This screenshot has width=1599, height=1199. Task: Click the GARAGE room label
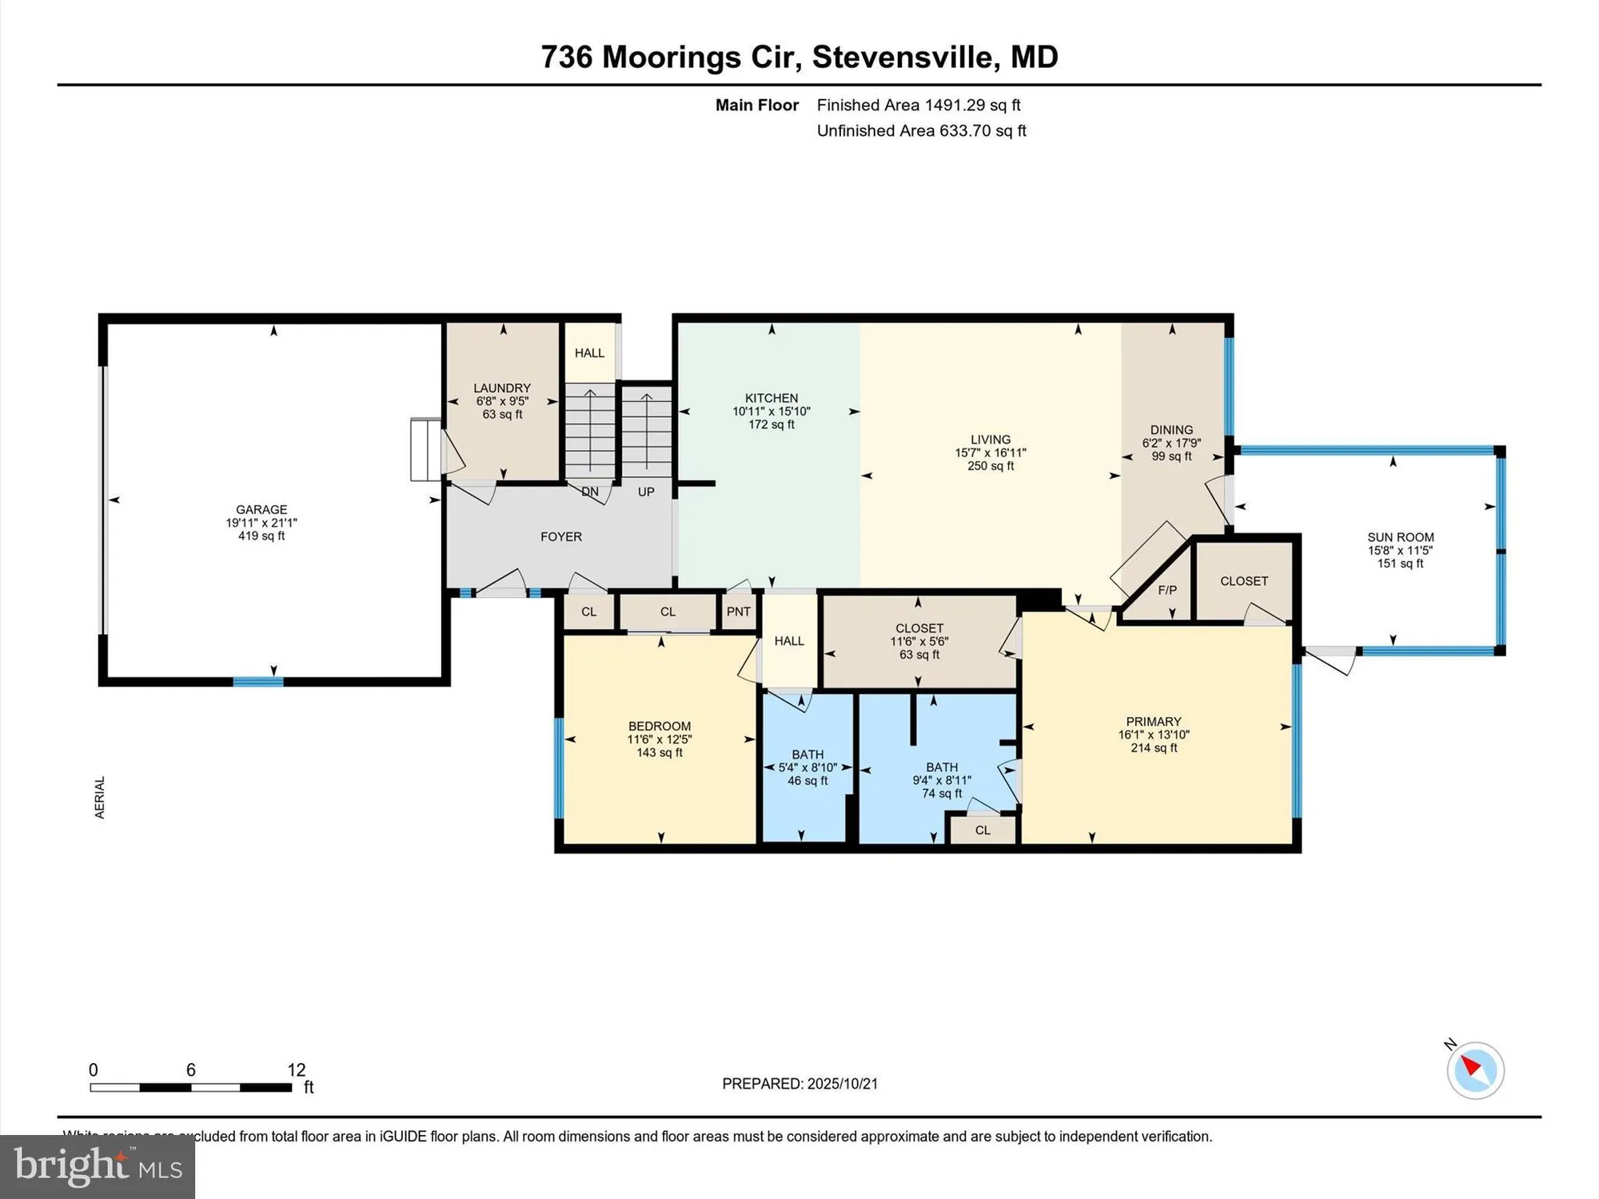[261, 509]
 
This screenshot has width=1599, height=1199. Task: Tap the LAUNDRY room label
[502, 388]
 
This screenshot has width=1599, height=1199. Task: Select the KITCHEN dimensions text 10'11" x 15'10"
[772, 412]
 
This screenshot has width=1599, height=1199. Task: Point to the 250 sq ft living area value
[991, 466]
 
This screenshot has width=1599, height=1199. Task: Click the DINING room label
[1171, 430]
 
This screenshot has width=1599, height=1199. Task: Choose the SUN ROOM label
[1400, 537]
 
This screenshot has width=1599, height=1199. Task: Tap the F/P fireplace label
[1167, 590]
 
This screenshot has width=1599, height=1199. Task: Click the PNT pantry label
[739, 611]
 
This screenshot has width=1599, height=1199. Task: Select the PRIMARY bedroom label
[1153, 721]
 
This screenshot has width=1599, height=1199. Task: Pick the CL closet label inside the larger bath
[983, 831]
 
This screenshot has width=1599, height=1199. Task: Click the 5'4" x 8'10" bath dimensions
[807, 767]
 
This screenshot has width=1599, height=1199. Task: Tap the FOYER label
[560, 536]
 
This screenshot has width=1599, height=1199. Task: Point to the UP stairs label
[646, 492]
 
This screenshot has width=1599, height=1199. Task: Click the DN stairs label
[590, 492]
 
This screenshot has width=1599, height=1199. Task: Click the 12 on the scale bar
[297, 1070]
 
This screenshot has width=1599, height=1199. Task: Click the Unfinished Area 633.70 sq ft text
[921, 130]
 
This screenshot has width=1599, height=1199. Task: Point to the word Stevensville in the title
[904, 57]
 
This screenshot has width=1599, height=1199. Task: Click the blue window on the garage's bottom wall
[258, 682]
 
